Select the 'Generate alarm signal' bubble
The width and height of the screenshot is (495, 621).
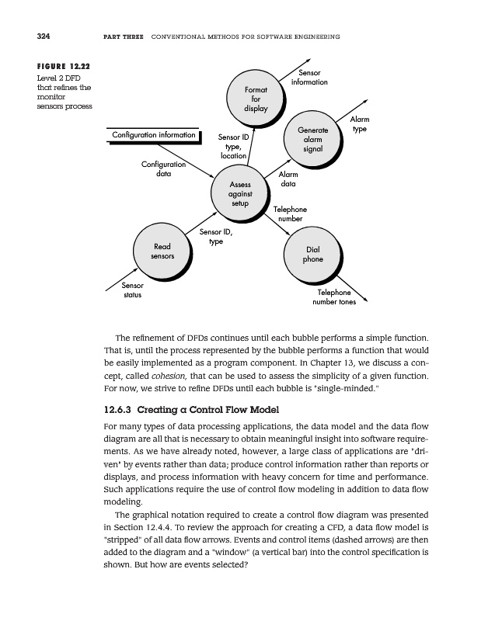[x=312, y=140]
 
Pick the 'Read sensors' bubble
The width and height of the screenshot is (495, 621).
[x=162, y=250]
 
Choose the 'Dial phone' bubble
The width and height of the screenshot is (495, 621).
[x=312, y=254]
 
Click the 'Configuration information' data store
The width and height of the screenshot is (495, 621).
[x=154, y=136]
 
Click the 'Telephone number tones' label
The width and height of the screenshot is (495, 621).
[x=334, y=297]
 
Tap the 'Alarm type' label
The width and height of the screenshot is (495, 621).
[x=360, y=124]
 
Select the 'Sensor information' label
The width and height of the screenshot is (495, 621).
[x=309, y=78]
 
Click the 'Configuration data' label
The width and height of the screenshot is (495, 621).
[x=163, y=168]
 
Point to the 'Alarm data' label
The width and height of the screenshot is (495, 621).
[x=288, y=180]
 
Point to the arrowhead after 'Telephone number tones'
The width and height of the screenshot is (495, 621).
[x=365, y=299]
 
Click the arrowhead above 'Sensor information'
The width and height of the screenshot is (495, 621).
[x=308, y=61]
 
